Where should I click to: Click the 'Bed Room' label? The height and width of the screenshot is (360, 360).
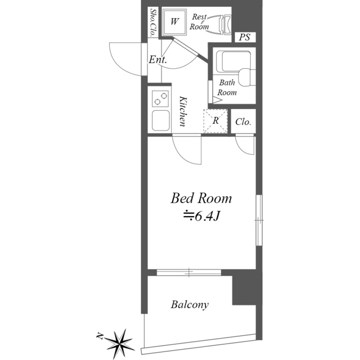[x=201, y=199]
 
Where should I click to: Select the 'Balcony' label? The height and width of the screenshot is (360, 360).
[x=190, y=305]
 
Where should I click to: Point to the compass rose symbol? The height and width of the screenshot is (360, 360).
[x=118, y=340]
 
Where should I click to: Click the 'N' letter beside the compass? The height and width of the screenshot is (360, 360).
[x=99, y=336]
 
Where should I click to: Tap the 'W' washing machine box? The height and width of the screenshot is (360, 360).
[x=174, y=22]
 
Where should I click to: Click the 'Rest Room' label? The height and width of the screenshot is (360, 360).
[x=199, y=22]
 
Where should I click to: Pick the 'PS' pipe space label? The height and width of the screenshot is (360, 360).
[x=244, y=38]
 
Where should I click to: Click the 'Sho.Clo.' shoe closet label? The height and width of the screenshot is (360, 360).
[x=152, y=22]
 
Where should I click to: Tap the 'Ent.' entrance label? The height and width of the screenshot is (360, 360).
[x=157, y=59]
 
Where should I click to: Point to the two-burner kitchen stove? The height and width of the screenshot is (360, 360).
[x=160, y=99]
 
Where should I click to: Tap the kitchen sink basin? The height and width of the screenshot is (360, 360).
[x=160, y=120]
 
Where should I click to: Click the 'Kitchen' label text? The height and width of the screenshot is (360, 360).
[x=183, y=112]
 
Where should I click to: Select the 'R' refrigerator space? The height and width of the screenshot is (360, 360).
[x=215, y=120]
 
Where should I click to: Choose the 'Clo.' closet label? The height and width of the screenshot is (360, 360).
[x=243, y=122]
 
